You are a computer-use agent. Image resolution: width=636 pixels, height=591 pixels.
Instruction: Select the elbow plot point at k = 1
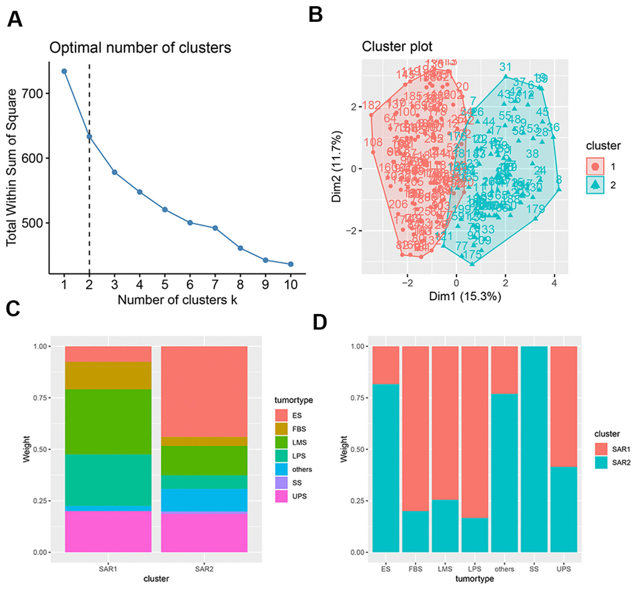point(64,71)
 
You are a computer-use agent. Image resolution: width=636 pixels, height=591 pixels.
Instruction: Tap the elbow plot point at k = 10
point(290,264)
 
